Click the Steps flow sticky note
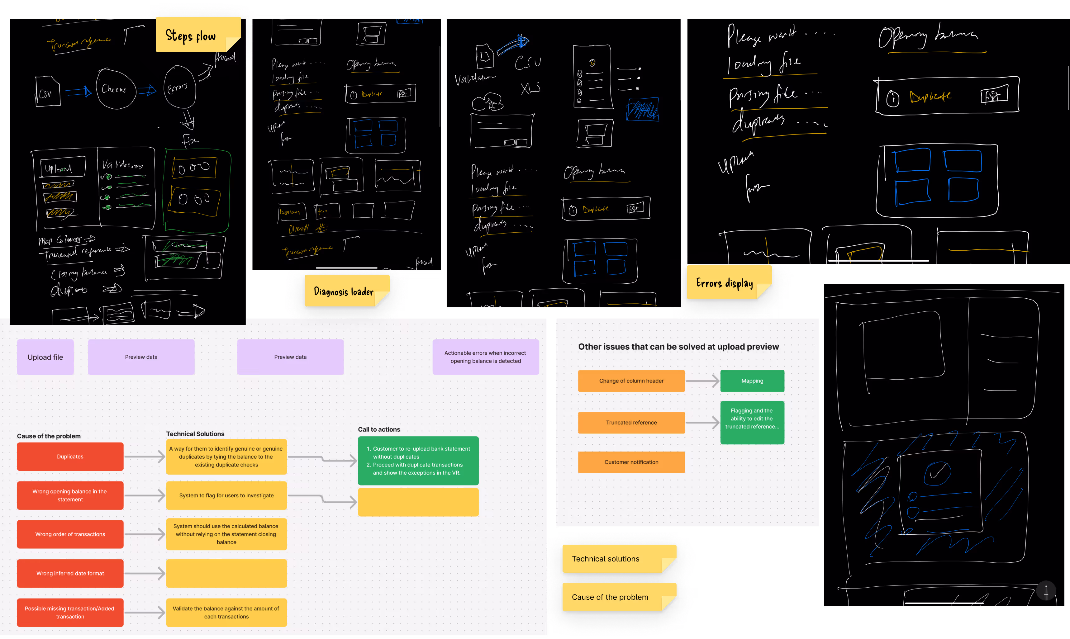click(x=198, y=35)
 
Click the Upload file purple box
click(x=45, y=357)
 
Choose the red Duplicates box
click(x=70, y=457)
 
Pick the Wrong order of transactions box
click(x=70, y=534)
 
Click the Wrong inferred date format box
click(x=70, y=573)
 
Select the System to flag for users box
click(x=226, y=495)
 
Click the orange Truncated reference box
click(x=631, y=422)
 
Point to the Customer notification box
click(x=631, y=462)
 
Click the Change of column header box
click(x=631, y=381)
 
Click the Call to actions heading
click(x=379, y=429)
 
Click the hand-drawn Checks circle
click(x=115, y=89)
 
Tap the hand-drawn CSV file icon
click(x=47, y=91)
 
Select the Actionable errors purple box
click(x=485, y=357)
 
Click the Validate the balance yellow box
click(x=226, y=612)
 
